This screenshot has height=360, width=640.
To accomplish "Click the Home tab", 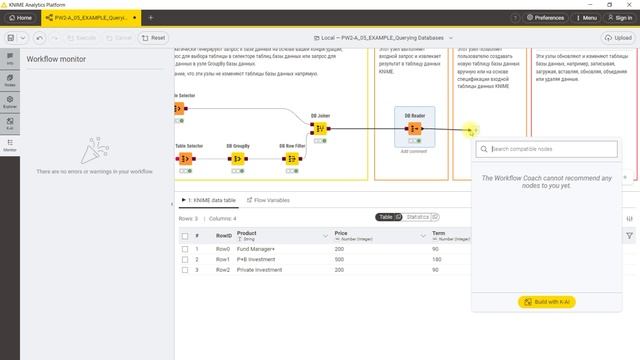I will (20, 17).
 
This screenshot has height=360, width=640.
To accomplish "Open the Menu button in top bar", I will (586, 17).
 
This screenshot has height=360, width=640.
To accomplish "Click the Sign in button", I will (620, 17).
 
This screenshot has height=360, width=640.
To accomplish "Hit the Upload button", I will (617, 38).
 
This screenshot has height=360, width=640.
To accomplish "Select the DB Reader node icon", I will (414, 128).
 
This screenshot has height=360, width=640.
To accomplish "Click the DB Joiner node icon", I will (320, 128).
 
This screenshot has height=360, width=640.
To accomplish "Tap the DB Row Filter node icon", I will (293, 158).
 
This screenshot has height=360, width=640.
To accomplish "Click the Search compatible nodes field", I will (551, 149).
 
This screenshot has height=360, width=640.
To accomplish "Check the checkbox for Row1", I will (185, 259).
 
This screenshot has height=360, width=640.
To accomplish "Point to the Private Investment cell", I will (259, 270).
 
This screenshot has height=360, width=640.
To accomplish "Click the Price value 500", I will (340, 259).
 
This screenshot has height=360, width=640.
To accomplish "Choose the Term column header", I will (439, 233).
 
